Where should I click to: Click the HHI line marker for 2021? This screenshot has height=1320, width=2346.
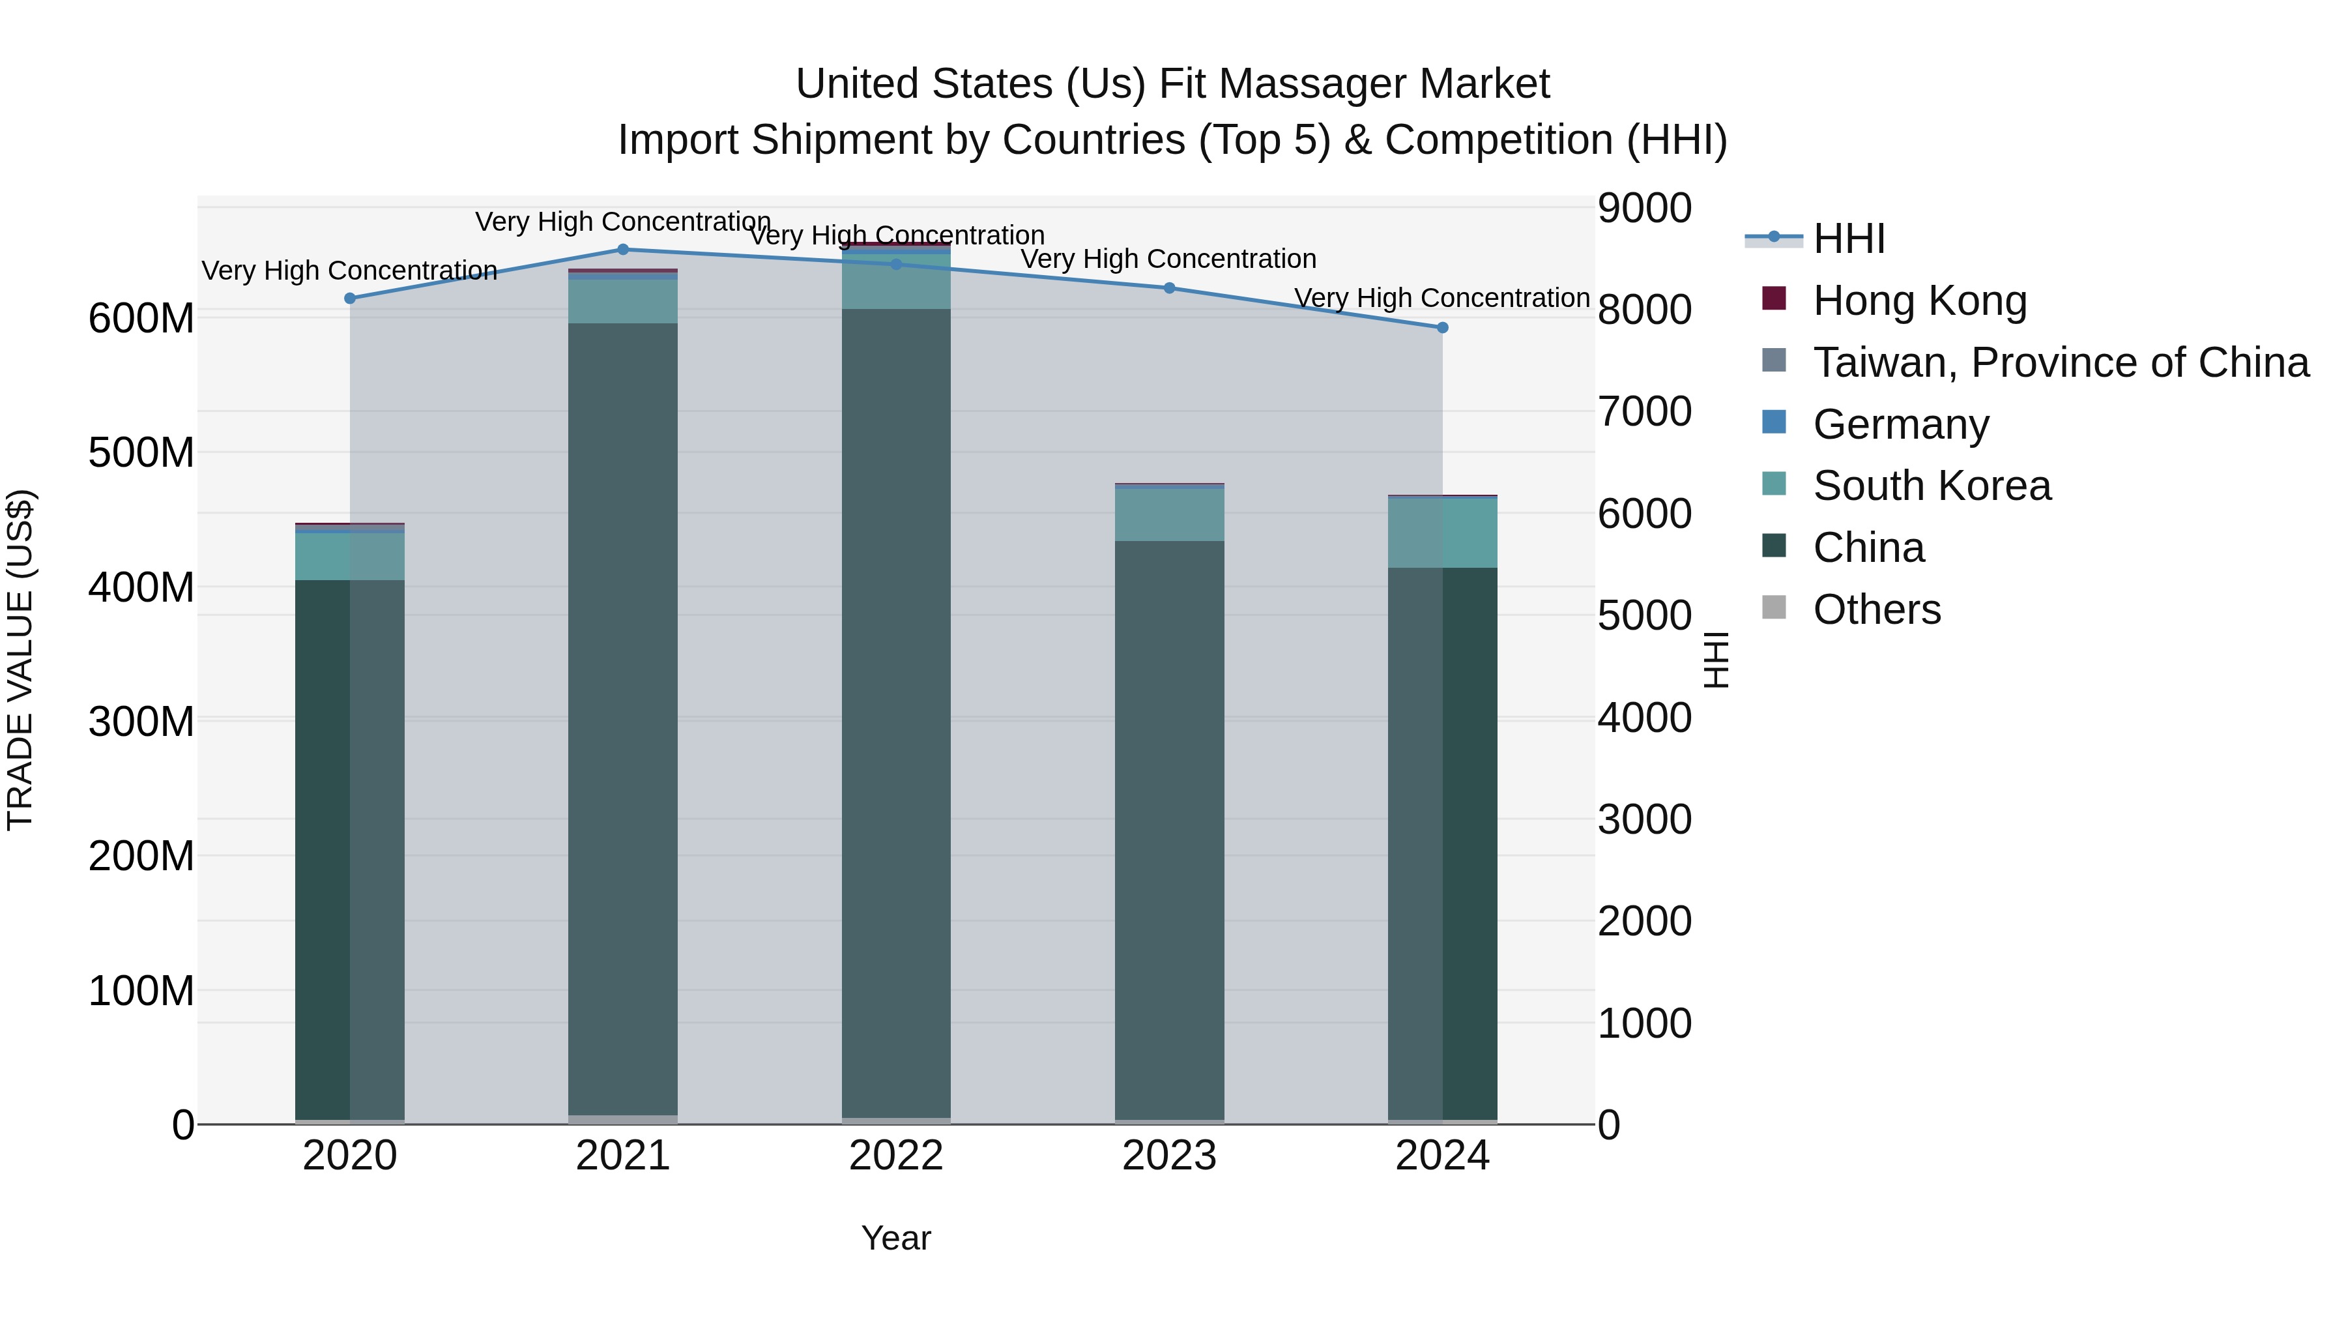click(623, 250)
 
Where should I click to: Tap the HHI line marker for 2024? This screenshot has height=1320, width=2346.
click(1443, 328)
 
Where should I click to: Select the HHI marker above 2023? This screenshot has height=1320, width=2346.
click(1169, 289)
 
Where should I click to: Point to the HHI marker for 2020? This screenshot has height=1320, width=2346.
click(350, 299)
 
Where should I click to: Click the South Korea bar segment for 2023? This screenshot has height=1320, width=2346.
click(1169, 516)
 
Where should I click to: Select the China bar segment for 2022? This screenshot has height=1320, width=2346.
click(896, 711)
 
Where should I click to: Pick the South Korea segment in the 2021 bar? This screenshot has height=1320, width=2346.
click(623, 302)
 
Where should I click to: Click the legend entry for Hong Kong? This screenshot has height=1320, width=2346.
click(1919, 301)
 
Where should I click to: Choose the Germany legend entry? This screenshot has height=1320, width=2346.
click(1901, 424)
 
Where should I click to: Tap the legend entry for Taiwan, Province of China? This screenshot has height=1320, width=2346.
click(2060, 362)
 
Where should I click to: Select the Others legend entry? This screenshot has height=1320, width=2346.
click(1876, 609)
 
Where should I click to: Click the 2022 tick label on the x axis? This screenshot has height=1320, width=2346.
click(896, 1156)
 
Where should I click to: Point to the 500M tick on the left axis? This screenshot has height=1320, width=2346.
click(141, 453)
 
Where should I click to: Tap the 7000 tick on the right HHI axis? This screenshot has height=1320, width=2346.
click(1645, 412)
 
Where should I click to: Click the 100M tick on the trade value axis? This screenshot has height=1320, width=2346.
click(141, 990)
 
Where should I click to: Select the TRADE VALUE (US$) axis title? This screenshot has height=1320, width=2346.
click(21, 660)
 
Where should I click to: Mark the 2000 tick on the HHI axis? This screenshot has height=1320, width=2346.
click(1645, 921)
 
